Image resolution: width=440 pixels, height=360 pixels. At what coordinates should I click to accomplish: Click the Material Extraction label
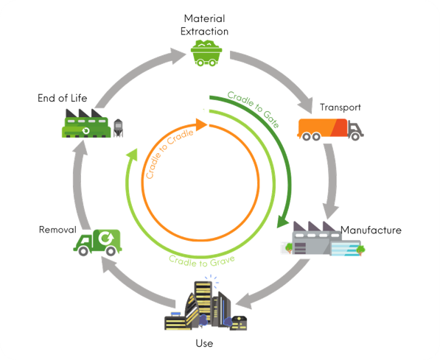pos(204,25)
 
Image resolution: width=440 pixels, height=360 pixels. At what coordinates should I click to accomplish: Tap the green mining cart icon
pos(206,53)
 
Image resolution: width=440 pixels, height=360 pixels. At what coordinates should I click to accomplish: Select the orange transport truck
pos(330,130)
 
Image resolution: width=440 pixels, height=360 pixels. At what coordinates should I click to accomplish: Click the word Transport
pos(341,107)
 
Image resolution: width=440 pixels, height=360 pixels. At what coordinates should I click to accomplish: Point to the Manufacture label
pos(371,230)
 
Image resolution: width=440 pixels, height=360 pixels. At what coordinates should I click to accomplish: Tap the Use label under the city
pos(204,343)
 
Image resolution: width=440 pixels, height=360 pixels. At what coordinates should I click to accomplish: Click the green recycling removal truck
pos(97,242)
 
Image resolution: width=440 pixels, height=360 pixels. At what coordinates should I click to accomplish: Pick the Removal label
pos(57,230)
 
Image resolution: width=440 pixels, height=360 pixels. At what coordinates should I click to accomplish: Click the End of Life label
pos(63,98)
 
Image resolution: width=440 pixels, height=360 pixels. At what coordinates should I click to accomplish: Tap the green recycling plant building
pos(86,124)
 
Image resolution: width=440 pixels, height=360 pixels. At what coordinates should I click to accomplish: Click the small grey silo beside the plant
pos(118,128)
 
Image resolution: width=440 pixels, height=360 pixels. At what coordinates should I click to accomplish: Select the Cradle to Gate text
pos(254,109)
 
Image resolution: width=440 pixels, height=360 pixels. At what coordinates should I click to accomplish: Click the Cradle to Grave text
pos(202,261)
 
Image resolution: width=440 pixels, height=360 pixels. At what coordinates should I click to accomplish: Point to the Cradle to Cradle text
pos(168,153)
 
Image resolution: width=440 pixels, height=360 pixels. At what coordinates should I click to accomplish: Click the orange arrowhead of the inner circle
pos(201,124)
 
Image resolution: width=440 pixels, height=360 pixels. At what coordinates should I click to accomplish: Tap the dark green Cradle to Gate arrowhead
pos(282,222)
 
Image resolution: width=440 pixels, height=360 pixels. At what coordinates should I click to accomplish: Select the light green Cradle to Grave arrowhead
pos(132,155)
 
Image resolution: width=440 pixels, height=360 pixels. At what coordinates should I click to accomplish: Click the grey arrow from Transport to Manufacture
pos(332,180)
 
